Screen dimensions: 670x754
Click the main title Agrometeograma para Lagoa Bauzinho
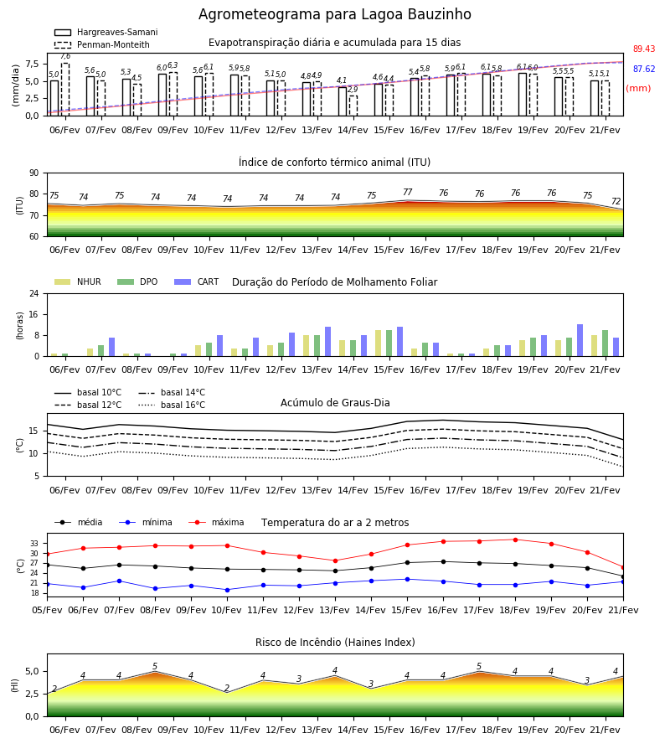point(334,14)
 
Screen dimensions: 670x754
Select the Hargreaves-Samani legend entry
point(106,32)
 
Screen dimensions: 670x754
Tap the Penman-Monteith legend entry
point(102,44)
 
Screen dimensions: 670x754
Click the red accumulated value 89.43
point(644,49)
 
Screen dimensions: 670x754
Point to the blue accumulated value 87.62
point(644,70)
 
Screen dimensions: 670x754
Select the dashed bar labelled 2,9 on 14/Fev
point(353,106)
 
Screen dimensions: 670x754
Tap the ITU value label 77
point(408,193)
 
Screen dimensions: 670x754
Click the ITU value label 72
point(616,201)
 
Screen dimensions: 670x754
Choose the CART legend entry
point(196,281)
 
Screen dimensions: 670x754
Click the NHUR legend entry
point(77,281)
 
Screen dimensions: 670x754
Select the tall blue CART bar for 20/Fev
point(580,340)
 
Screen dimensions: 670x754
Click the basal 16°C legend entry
point(172,405)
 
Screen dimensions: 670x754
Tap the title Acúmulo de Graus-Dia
point(335,403)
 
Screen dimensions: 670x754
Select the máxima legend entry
point(216,522)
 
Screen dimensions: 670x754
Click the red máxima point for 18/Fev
point(515,540)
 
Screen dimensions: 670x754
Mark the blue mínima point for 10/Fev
point(227,590)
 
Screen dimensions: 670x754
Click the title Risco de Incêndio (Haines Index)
point(335,643)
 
